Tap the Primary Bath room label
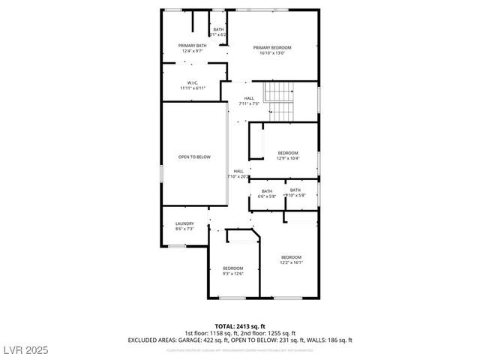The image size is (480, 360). click(192, 46)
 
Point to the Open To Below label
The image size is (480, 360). click(194, 157)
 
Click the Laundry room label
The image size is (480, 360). click(184, 223)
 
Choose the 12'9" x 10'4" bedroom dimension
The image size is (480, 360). click(288, 158)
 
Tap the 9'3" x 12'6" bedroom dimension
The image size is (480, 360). click(232, 274)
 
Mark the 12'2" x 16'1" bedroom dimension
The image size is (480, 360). click(291, 262)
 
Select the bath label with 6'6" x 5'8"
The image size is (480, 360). click(267, 190)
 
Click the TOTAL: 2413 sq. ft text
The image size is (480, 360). click(240, 326)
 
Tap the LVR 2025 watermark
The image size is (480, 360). click(25, 351)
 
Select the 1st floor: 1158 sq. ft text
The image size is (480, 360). click(212, 333)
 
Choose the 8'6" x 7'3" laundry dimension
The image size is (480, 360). click(184, 228)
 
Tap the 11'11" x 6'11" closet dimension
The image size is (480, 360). click(192, 88)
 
